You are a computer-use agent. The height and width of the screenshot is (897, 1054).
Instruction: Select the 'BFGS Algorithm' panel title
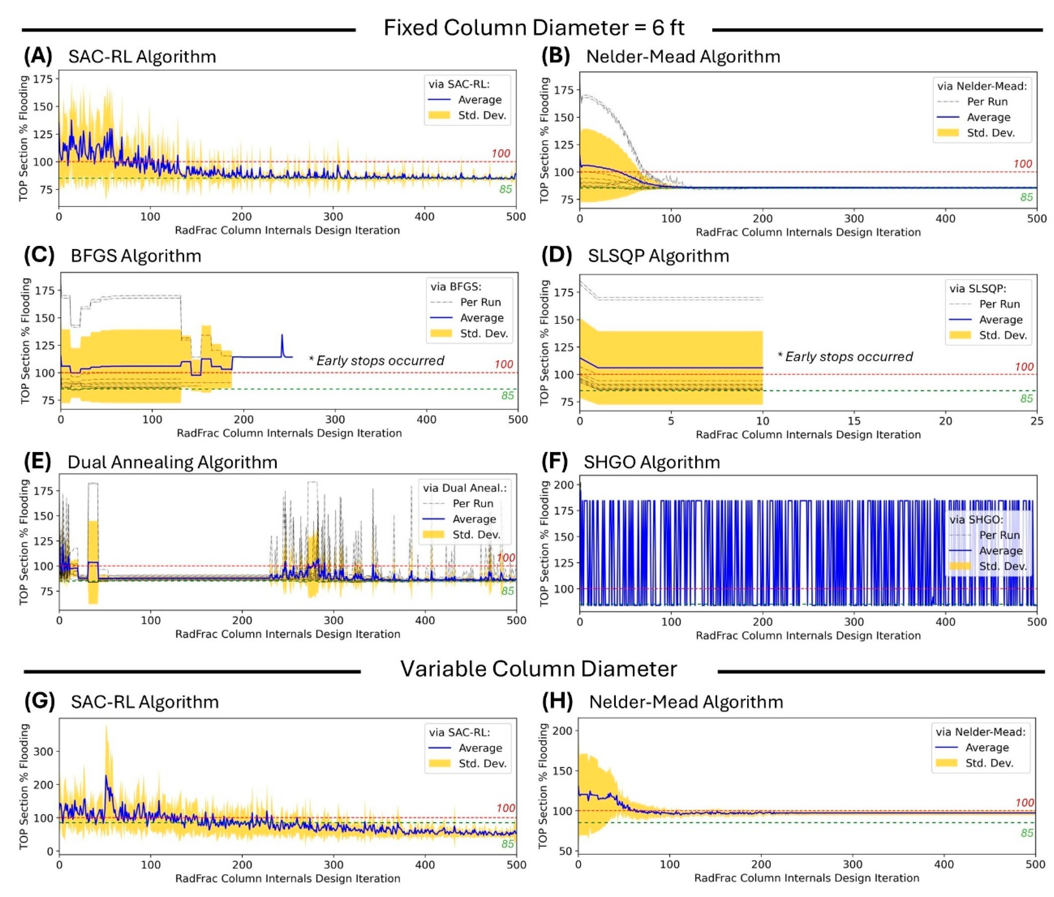pyautogui.click(x=136, y=255)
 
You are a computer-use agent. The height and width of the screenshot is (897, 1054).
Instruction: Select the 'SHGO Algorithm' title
pyautogui.click(x=652, y=462)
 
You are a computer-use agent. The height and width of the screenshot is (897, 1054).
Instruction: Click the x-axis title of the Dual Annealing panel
pyautogui.click(x=288, y=634)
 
